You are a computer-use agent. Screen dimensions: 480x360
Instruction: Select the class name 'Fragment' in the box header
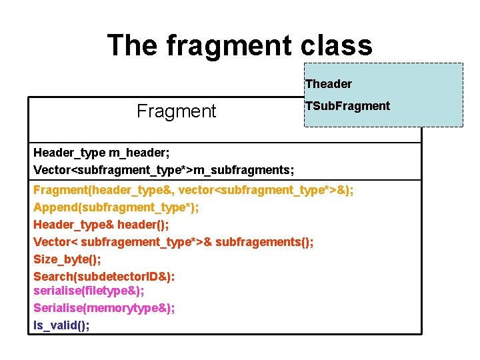click(177, 111)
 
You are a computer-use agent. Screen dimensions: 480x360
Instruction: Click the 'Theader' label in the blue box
click(328, 84)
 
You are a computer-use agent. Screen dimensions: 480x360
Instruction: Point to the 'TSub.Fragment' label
click(347, 106)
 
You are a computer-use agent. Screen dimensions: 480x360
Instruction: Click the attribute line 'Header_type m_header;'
click(93, 153)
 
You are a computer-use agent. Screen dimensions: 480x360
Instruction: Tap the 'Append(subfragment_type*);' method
click(116, 207)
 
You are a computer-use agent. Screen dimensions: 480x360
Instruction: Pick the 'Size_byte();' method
click(62, 258)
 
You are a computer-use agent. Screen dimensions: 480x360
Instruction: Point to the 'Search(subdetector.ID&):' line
click(104, 275)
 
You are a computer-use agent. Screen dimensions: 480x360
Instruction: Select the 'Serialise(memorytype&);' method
click(104, 308)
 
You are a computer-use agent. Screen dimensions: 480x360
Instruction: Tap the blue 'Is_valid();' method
click(61, 325)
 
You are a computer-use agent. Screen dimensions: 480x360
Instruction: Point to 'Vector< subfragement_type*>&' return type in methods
click(123, 241)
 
